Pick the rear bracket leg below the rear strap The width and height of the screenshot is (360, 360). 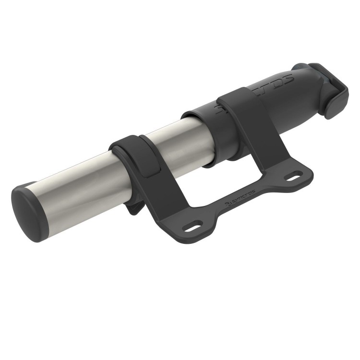coord(259,154)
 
